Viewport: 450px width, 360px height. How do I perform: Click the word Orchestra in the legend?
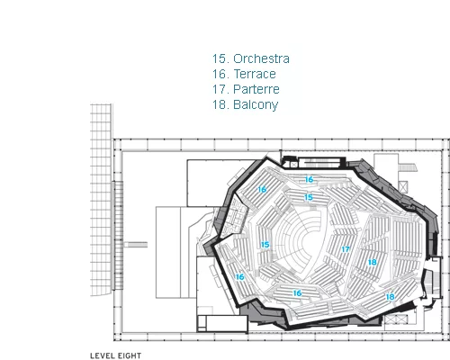pyautogui.click(x=261, y=58)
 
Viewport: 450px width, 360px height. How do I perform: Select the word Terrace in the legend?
pyautogui.click(x=255, y=74)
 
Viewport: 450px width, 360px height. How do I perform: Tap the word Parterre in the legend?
pyautogui.click(x=256, y=89)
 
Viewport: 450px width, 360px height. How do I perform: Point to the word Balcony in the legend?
pyautogui.click(x=256, y=105)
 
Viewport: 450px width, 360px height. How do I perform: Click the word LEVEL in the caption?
pyautogui.click(x=102, y=355)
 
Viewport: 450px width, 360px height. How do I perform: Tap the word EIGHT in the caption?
pyautogui.click(x=129, y=355)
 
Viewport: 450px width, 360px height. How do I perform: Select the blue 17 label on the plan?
pyautogui.click(x=346, y=249)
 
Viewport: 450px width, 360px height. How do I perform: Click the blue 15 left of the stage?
pyautogui.click(x=265, y=245)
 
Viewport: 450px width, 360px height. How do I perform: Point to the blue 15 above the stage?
pyautogui.click(x=309, y=197)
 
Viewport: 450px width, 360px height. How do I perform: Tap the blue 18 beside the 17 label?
pyautogui.click(x=373, y=263)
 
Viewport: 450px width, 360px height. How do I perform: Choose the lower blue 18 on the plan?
pyautogui.click(x=390, y=297)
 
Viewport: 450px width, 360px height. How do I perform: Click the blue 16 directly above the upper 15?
pyautogui.click(x=310, y=180)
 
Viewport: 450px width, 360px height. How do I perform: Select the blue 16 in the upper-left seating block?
pyautogui.click(x=262, y=190)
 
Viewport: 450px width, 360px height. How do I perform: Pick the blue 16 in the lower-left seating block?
pyautogui.click(x=239, y=277)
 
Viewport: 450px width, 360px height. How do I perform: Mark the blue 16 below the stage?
pyautogui.click(x=297, y=293)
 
